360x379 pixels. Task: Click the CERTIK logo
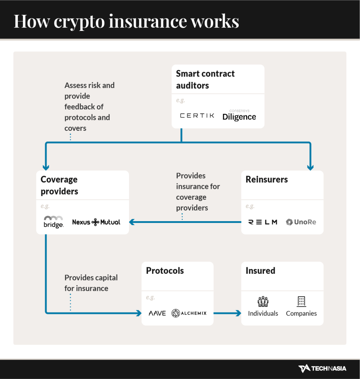point(197,115)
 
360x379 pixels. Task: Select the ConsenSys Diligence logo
point(239,116)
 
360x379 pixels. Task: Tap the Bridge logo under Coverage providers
point(53,222)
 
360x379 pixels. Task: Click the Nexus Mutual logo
point(96,222)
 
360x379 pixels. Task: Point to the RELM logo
point(263,222)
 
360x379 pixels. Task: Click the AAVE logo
point(157,313)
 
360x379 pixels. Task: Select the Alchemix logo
point(189,313)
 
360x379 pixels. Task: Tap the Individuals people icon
point(263,301)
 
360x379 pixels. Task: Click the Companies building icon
point(301,301)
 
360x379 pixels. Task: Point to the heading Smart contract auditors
point(205,79)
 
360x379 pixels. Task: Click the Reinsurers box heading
point(266,179)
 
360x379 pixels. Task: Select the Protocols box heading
point(165,271)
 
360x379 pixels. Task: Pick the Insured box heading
point(260,271)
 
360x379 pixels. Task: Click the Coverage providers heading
point(59,185)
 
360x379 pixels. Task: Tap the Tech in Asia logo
point(322,368)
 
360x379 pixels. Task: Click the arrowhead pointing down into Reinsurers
point(310,167)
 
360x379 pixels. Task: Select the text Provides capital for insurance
point(91,283)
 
